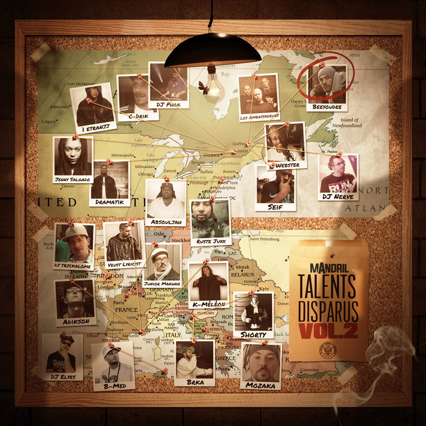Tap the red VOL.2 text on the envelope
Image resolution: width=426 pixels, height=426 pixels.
pyautogui.click(x=328, y=331)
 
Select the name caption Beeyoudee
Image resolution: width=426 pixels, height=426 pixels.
pyautogui.click(x=327, y=107)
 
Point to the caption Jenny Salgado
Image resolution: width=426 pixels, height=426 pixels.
pyautogui.click(x=73, y=179)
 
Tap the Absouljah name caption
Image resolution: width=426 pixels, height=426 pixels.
pyautogui.click(x=166, y=222)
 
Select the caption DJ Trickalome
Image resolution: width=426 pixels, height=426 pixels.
pyautogui.click(x=74, y=266)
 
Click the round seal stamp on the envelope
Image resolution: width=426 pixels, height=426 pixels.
pyautogui.click(x=328, y=350)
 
